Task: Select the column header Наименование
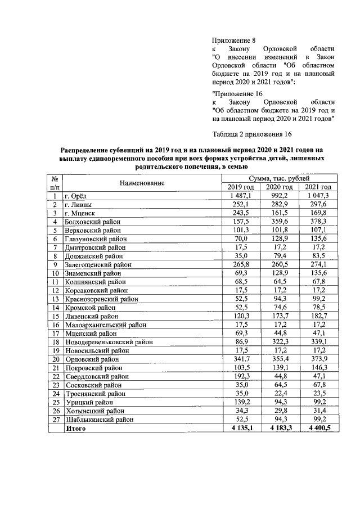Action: tap(141, 183)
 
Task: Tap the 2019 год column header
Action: tap(241, 187)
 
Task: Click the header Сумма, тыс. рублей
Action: tap(277, 178)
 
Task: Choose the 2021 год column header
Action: tap(318, 187)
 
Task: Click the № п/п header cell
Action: tap(55, 183)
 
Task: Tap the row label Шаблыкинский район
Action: tap(100, 420)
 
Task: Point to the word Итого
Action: tap(76, 429)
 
